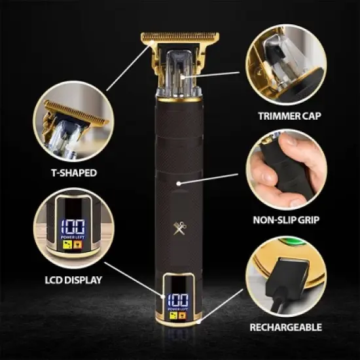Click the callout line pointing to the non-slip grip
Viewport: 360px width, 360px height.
[x=216, y=177]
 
